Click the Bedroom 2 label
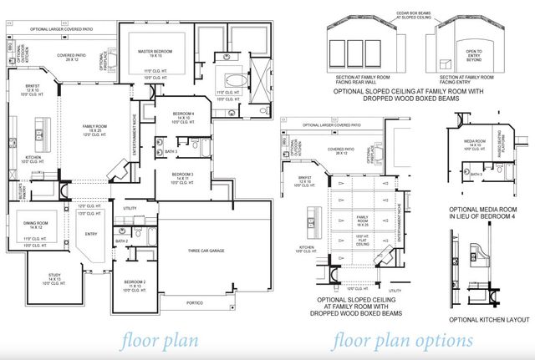click(135, 283)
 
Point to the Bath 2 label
click(121, 241)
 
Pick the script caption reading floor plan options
click(403, 341)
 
